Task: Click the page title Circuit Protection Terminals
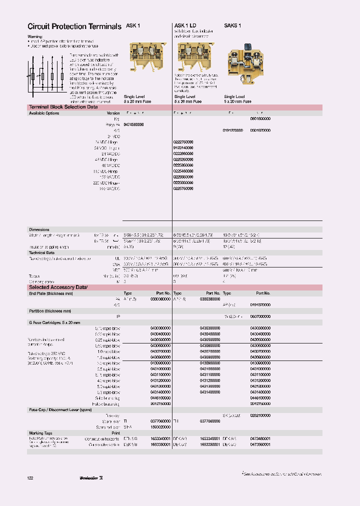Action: [x=74, y=26]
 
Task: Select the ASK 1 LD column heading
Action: [x=185, y=25]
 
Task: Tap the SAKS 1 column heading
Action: [x=232, y=25]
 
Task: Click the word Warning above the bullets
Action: [x=35, y=36]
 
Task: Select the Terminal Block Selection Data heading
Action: [x=63, y=107]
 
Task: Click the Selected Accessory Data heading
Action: [x=58, y=287]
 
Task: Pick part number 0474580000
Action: [x=133, y=124]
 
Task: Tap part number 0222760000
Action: [x=183, y=142]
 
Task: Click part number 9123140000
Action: [x=183, y=148]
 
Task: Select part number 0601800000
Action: [x=260, y=119]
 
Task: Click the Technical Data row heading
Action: [x=41, y=253]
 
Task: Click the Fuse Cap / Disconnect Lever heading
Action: [x=56, y=409]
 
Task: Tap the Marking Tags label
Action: [x=40, y=433]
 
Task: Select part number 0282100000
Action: [x=260, y=415]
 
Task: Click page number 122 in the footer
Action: [x=30, y=478]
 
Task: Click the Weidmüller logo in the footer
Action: [x=91, y=478]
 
